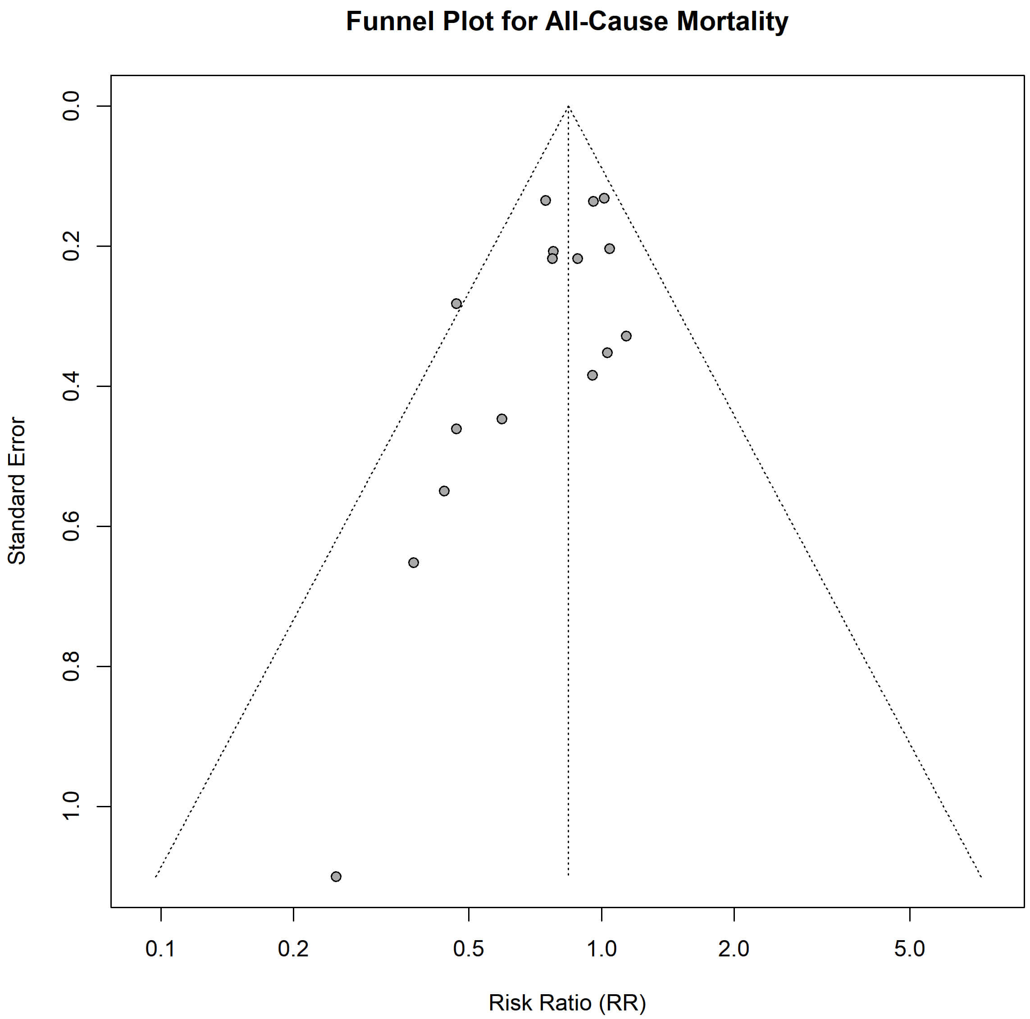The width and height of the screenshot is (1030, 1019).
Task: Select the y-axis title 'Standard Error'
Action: pyautogui.click(x=17, y=491)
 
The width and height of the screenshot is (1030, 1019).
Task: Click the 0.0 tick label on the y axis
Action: pyautogui.click(x=71, y=106)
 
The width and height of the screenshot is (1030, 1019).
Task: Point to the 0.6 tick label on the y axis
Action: pyautogui.click(x=71, y=526)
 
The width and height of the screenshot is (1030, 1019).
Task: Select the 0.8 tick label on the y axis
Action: pyautogui.click(x=71, y=666)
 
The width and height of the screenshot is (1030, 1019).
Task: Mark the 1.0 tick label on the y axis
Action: pyautogui.click(x=71, y=806)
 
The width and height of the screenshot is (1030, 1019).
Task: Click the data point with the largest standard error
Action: pyautogui.click(x=336, y=877)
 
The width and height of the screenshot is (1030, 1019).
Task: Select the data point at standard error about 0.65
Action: pyautogui.click(x=413, y=563)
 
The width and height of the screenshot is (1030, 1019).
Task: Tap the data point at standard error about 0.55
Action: pyautogui.click(x=444, y=491)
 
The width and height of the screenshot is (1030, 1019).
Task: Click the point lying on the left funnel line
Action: pyautogui.click(x=456, y=304)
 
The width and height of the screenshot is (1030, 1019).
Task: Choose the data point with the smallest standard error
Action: pyautogui.click(x=604, y=198)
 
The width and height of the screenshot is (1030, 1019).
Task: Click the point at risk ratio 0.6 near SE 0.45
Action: pyautogui.click(x=501, y=419)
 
